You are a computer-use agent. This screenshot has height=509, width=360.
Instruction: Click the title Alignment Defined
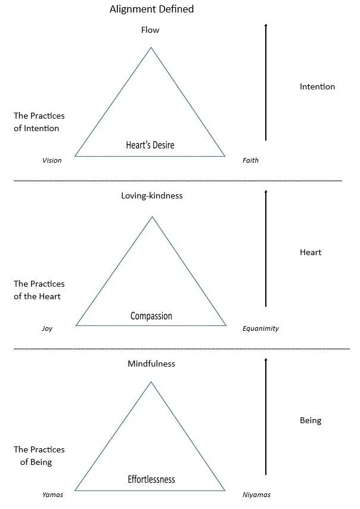pos(152,10)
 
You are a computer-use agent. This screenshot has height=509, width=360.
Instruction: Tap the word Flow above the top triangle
pos(150,30)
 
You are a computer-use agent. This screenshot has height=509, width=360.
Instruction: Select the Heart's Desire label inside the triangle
pos(150,145)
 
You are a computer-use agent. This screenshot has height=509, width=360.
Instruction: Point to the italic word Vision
pos(52,161)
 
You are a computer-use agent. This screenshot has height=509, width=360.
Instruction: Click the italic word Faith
pos(250,161)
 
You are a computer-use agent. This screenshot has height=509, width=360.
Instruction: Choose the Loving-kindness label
pos(151,195)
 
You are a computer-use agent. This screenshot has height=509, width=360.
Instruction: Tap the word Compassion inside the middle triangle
pos(151,316)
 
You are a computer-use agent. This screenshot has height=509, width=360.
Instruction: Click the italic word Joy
pos(47,328)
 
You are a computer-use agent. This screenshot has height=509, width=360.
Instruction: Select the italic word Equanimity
pos(260,328)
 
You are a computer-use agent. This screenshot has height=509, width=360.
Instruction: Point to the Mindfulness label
pos(151,364)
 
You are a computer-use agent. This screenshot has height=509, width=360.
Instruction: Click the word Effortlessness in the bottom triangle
pos(151,479)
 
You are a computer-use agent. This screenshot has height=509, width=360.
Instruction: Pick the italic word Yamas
pos(52,495)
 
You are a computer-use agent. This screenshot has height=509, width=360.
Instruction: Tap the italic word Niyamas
pos(256,495)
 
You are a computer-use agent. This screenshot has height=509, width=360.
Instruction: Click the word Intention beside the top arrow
pos(317,87)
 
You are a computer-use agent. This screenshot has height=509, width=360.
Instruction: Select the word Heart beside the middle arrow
pos(311,252)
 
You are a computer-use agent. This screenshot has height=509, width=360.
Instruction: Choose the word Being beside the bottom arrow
pos(311,420)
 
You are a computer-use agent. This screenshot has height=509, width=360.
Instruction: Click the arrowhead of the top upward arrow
pos(266,25)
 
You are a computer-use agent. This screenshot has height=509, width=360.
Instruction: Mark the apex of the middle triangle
pos(152,217)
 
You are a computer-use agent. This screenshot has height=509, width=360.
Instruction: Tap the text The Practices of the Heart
pos(39,290)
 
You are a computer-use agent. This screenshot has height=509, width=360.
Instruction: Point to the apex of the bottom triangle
pos(151,382)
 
